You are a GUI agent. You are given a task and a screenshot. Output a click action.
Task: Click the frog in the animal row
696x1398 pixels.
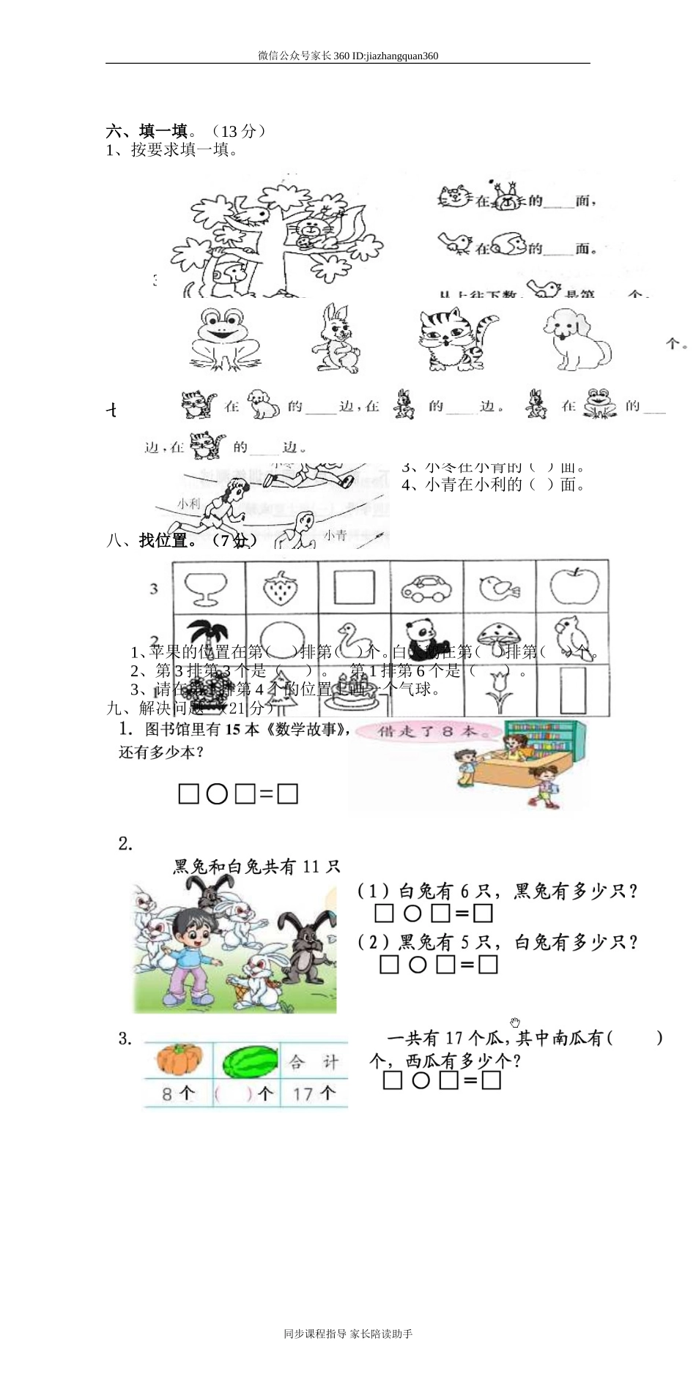[223, 338]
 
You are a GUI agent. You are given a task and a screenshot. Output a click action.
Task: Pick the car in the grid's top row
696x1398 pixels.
[426, 588]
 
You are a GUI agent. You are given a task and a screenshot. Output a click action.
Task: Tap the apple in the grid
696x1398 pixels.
[574, 586]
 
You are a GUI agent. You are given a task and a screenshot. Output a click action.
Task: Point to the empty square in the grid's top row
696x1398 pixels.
[354, 587]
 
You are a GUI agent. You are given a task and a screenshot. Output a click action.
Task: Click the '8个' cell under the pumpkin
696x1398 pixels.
[178, 1094]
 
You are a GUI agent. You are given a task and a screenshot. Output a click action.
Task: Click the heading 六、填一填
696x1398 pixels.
[147, 131]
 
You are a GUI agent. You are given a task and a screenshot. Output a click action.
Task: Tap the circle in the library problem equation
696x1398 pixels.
[217, 794]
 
